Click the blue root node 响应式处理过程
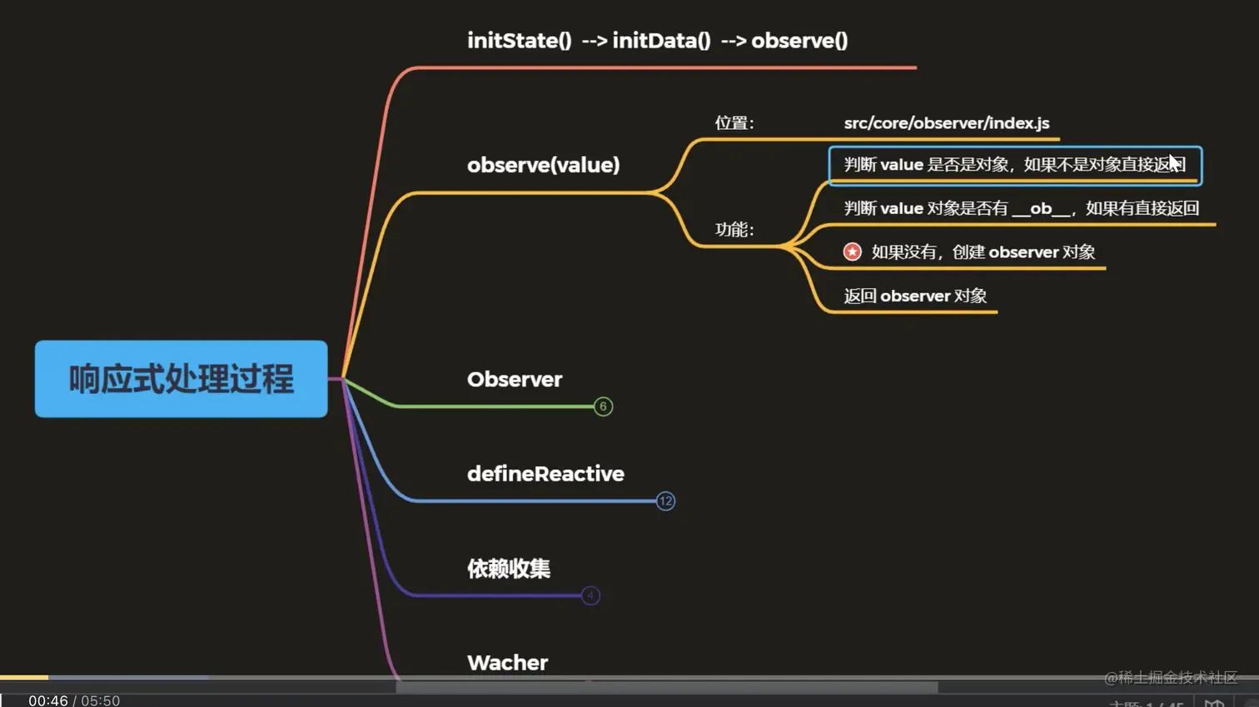(181, 379)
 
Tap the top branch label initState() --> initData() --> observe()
(657, 41)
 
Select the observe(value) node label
(543, 165)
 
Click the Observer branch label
(514, 380)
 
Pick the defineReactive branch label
(545, 474)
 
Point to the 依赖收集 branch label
(508, 569)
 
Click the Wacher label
(507, 663)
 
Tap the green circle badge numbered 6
(603, 406)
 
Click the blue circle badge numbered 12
(665, 501)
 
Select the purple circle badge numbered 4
(590, 595)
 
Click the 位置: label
(734, 123)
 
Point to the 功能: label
(734, 230)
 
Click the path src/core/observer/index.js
(946, 123)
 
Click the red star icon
(852, 251)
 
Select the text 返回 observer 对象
(914, 296)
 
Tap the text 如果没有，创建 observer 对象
(983, 252)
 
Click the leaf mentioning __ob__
(1021, 208)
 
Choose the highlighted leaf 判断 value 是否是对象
(1013, 165)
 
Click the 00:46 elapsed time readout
(48, 700)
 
